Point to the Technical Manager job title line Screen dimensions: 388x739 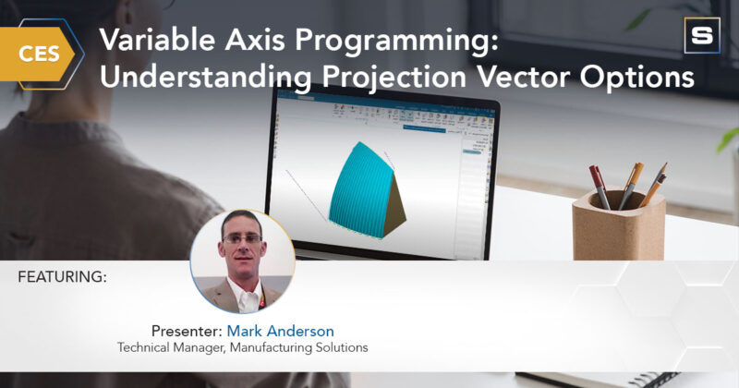pos(242,347)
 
